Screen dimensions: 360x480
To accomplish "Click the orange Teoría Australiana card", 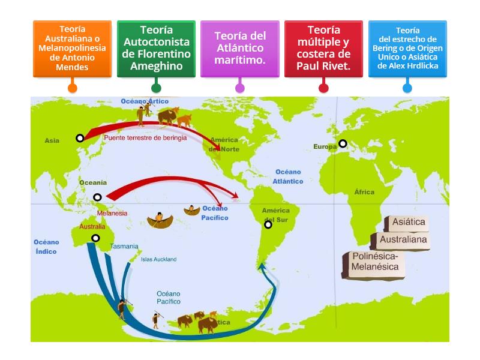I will (72, 48).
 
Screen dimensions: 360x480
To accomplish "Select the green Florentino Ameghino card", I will (156, 48).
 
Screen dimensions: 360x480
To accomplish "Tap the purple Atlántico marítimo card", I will (240, 48).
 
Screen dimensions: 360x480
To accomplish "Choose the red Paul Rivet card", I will (323, 48).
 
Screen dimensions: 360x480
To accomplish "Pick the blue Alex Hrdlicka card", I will (407, 48).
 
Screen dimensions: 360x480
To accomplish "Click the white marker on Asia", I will (80, 138).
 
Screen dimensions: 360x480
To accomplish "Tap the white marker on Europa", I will (343, 143).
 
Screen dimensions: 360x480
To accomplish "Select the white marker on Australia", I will (95, 238).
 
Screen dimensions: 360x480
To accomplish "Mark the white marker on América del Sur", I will (268, 224).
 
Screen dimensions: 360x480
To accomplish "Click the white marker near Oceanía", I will (97, 197).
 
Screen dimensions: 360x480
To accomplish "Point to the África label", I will (364, 192).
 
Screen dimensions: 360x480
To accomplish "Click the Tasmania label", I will (124, 246).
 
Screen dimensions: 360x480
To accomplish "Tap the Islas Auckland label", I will (158, 259).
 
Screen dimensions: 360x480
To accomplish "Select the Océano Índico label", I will (46, 247).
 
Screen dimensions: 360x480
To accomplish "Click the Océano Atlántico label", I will (288, 176).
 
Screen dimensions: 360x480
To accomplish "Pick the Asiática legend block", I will (408, 222).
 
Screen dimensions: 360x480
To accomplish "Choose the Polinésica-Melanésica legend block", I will (374, 262).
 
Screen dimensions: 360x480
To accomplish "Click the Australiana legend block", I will (403, 239).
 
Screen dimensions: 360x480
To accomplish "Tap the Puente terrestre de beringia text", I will (145, 137).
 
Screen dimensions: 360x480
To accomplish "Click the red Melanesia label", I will (112, 213).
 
